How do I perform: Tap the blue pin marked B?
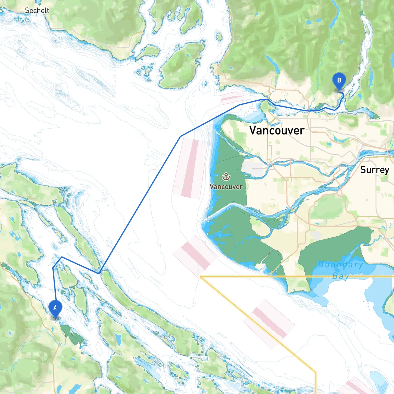tap(339, 81)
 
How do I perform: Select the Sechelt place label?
tap(37, 10)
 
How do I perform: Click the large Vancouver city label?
tap(277, 130)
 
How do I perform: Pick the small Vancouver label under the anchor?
tap(226, 187)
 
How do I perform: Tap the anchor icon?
tap(226, 177)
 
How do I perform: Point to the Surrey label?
tap(375, 170)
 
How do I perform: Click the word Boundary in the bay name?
tap(340, 264)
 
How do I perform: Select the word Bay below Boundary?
tap(340, 276)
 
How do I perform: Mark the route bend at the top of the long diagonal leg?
tap(180, 136)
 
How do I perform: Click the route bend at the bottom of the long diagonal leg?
tap(99, 273)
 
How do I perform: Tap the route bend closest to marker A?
tap(53, 267)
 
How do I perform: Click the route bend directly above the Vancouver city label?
tap(267, 99)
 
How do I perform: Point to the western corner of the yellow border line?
tap(200, 276)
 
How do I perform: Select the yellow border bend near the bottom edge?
tap(316, 372)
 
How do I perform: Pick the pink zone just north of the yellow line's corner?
tap(195, 255)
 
